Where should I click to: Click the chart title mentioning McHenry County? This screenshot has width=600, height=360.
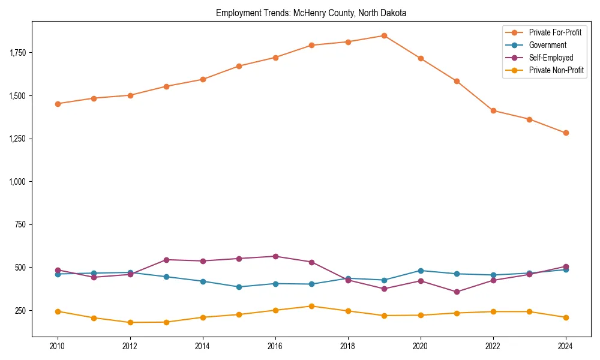click(x=311, y=13)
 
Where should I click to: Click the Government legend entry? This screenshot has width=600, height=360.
click(x=547, y=45)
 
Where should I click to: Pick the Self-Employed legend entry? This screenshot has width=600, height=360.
click(x=551, y=58)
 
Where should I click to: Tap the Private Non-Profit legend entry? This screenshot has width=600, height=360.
click(x=556, y=70)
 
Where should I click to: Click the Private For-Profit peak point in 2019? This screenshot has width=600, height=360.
click(x=384, y=35)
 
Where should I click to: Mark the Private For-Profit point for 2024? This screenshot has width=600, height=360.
click(x=566, y=133)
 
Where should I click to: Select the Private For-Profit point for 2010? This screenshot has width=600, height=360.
click(x=58, y=104)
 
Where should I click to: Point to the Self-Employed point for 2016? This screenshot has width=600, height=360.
click(x=275, y=256)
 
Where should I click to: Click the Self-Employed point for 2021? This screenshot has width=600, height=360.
click(x=457, y=292)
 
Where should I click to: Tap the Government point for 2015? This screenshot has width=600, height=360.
click(x=239, y=287)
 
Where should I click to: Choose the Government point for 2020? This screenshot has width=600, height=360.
click(x=421, y=271)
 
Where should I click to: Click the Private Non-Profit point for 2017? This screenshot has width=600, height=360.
click(x=311, y=306)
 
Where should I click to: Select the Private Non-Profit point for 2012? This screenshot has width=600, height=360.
click(x=130, y=323)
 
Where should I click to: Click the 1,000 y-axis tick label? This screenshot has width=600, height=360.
click(x=18, y=182)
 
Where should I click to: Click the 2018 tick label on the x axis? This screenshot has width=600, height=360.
click(x=348, y=346)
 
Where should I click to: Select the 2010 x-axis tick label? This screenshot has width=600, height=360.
click(x=58, y=346)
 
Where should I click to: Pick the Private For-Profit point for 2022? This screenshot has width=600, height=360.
click(x=493, y=110)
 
